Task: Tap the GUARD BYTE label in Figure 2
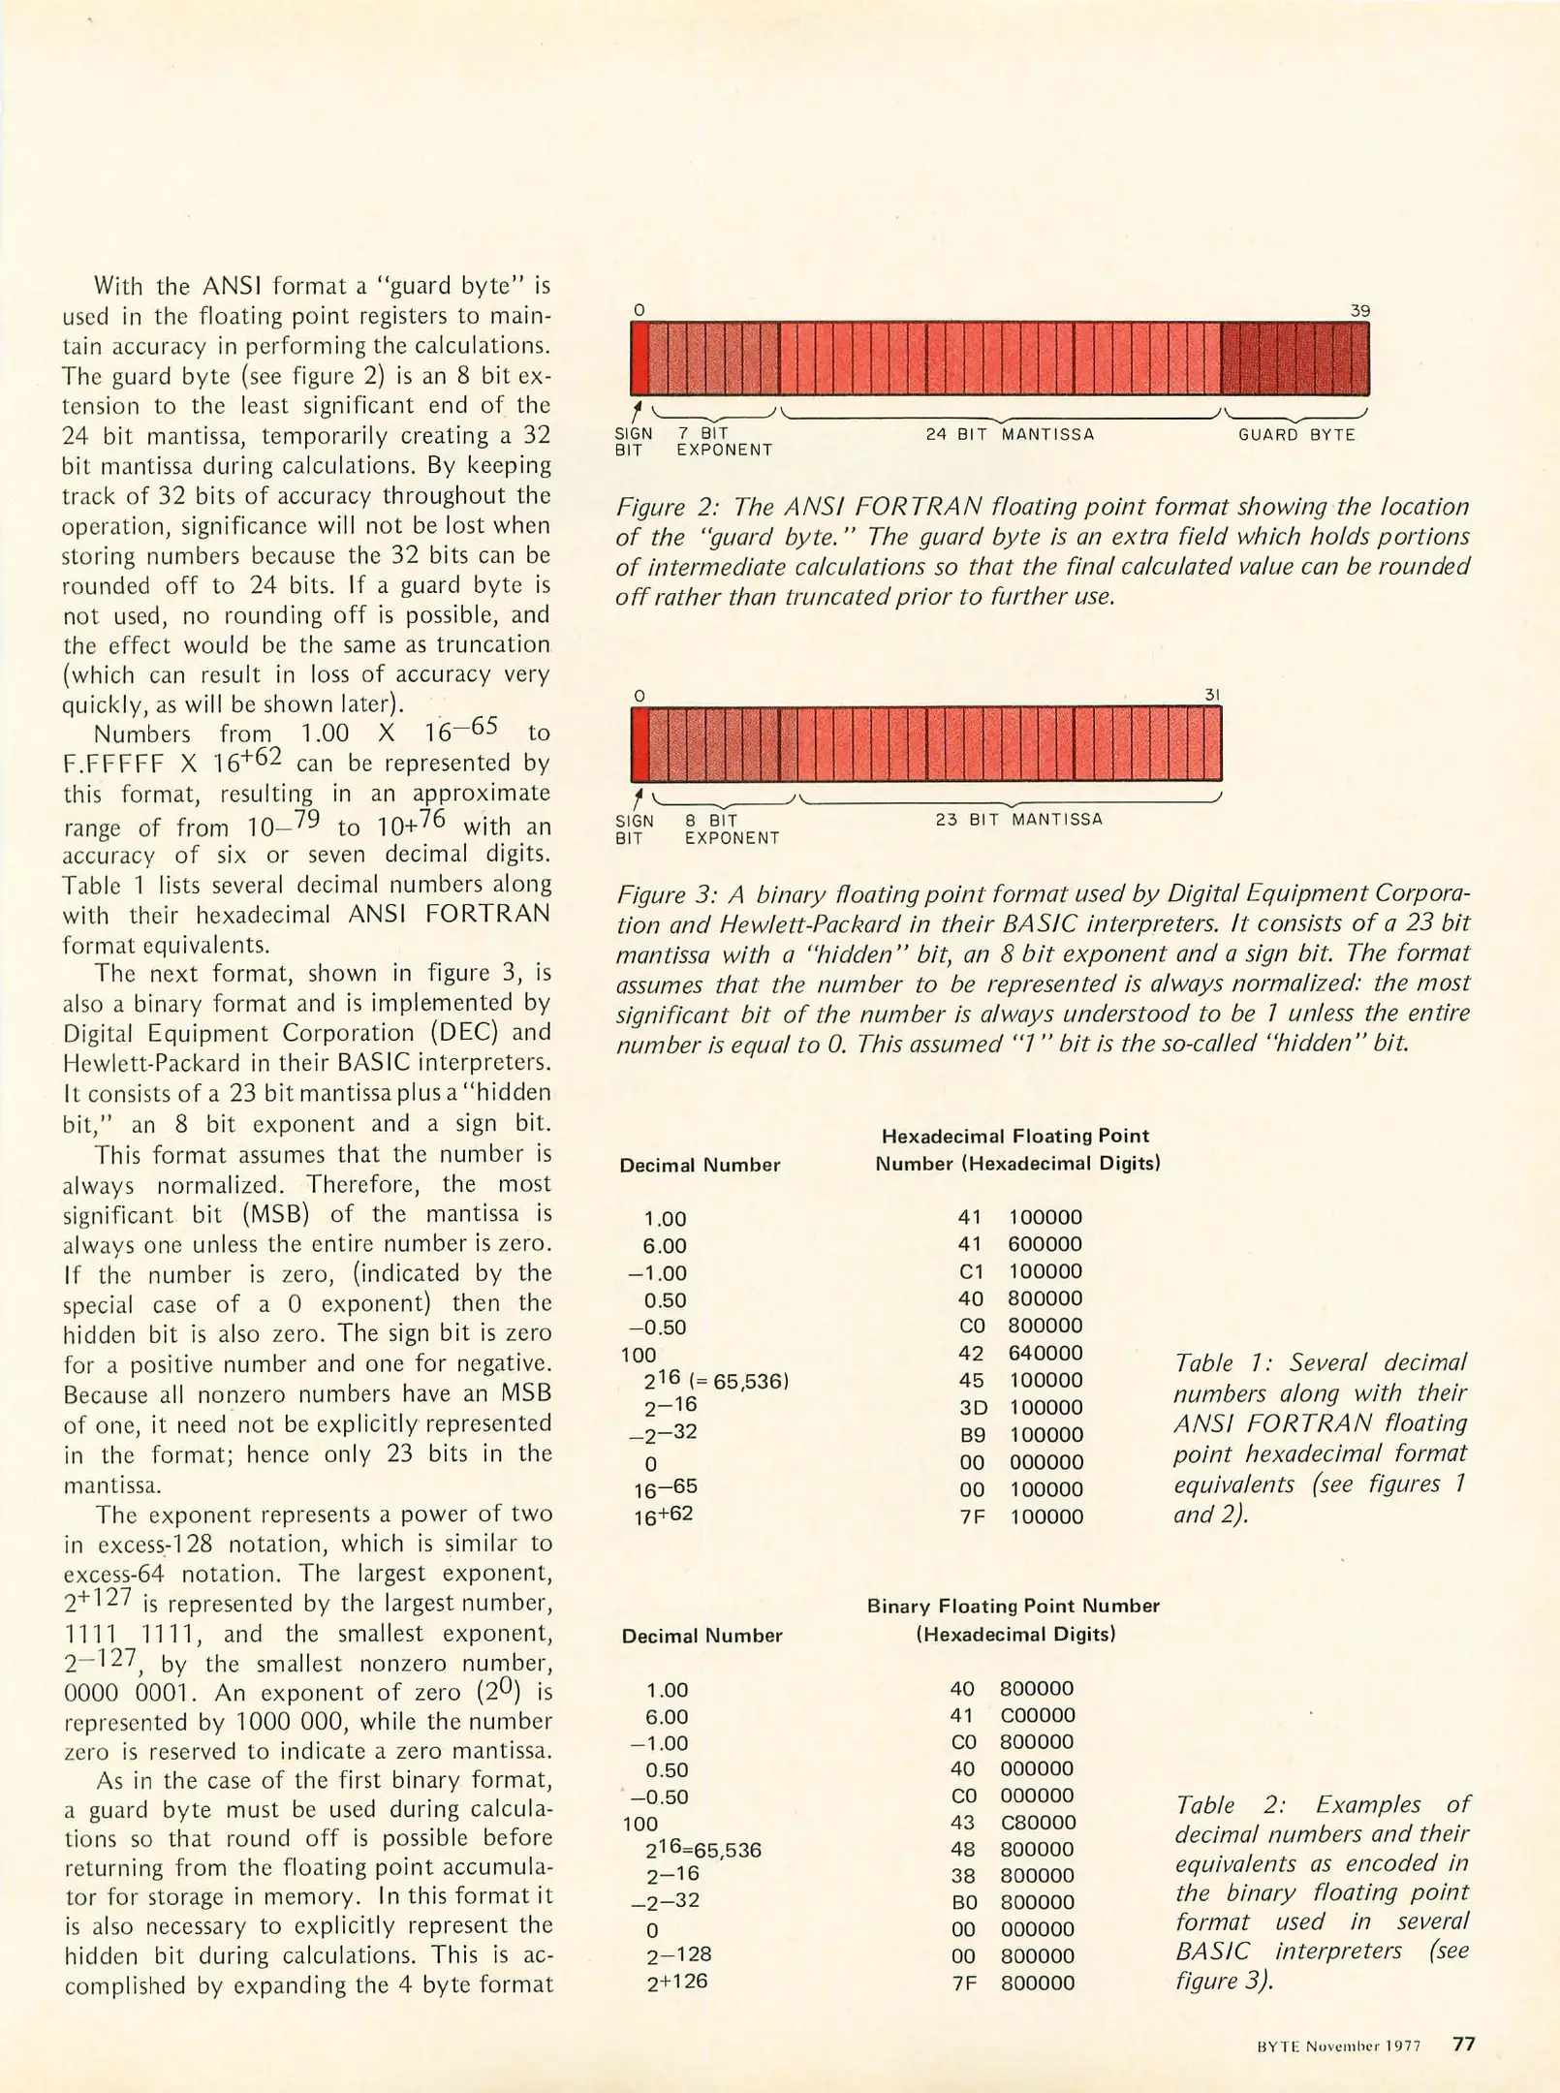(x=1296, y=435)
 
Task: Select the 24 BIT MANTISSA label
(x=1010, y=434)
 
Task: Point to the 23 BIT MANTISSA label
(x=1018, y=819)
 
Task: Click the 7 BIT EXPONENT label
(x=724, y=442)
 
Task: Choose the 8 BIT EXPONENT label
(x=732, y=828)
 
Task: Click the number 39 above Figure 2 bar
(x=1359, y=311)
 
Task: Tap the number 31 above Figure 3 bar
(x=1212, y=695)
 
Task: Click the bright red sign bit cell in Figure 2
(x=640, y=359)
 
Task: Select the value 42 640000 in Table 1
(x=1020, y=1353)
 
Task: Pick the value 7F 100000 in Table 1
(x=1020, y=1516)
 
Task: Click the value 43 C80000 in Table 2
(x=1013, y=1822)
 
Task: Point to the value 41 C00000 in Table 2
(x=1013, y=1714)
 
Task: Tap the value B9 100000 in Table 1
(x=1020, y=1434)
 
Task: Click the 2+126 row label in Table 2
(x=677, y=1982)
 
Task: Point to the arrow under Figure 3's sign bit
(x=638, y=797)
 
